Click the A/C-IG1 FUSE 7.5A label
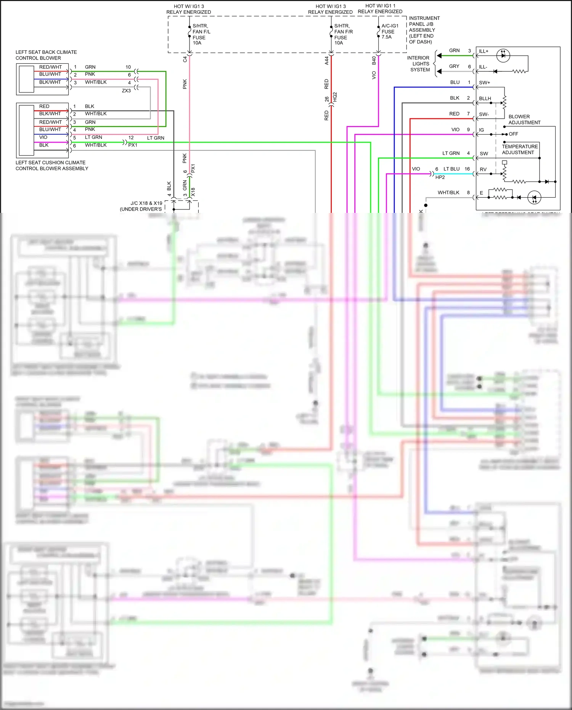pos(389,31)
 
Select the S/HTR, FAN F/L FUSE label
pos(201,34)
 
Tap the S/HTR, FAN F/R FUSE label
pos(343,34)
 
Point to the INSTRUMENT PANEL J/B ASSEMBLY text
pos(424,30)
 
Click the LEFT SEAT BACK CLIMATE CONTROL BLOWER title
pos(46,55)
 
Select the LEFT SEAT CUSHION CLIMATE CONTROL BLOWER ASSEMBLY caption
pos(51,165)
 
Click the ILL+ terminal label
pos(484,51)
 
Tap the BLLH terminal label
pos(485,98)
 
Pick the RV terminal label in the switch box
pos(483,169)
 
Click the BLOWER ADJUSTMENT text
pos(524,119)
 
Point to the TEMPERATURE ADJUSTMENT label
pos(519,149)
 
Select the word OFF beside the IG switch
pos(513,134)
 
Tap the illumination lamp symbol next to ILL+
pos(503,55)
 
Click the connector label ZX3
pos(126,91)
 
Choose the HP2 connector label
pos(440,177)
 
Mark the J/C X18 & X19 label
pos(141,206)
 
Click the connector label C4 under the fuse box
pos(185,60)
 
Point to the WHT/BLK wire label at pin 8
pos(448,193)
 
